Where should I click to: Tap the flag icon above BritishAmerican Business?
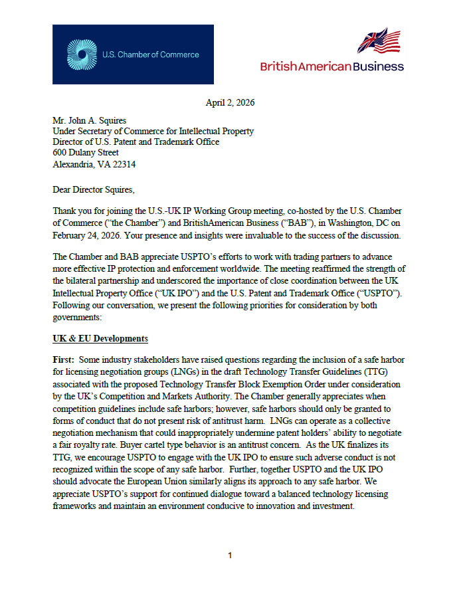[x=379, y=41]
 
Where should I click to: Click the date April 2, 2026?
[x=230, y=102]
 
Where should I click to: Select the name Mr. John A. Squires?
[x=90, y=121]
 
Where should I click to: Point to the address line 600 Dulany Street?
[x=86, y=153]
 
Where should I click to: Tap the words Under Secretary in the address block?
[x=83, y=132]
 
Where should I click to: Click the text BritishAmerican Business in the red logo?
[x=332, y=66]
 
